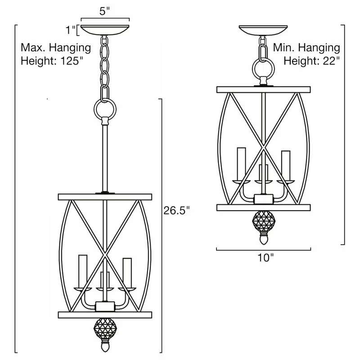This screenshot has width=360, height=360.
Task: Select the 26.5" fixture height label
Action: (x=176, y=210)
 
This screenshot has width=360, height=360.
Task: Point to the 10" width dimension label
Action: (x=265, y=257)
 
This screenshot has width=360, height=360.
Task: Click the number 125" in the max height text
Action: (x=72, y=61)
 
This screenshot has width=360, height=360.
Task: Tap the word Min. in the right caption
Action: (x=284, y=48)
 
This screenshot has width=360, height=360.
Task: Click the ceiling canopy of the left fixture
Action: (x=105, y=30)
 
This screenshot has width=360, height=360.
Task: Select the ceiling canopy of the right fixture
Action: (x=263, y=30)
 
